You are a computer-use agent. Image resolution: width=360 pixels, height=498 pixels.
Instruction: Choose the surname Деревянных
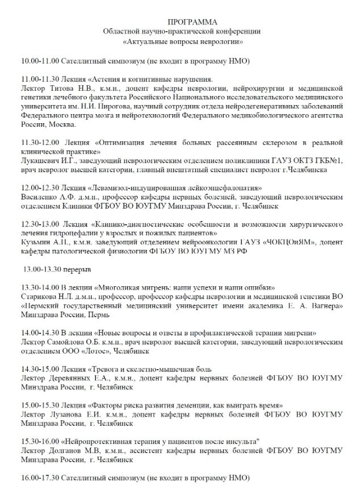(x=74, y=378)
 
